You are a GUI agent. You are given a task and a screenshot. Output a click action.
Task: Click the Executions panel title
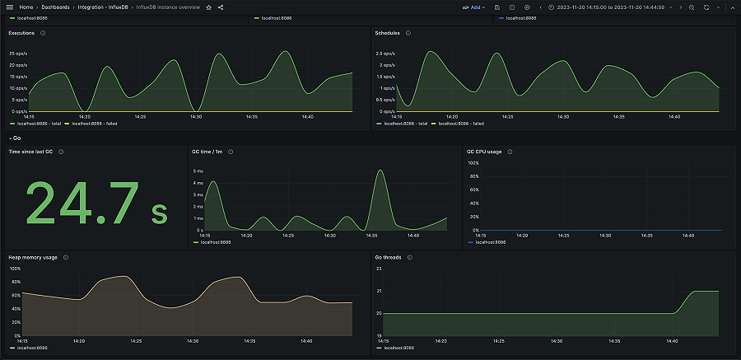[x=21, y=33]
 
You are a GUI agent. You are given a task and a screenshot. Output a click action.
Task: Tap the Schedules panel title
[x=387, y=33]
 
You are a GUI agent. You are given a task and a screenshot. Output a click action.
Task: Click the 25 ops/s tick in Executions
[x=18, y=54]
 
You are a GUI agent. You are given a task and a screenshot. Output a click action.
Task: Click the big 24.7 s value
[x=97, y=203]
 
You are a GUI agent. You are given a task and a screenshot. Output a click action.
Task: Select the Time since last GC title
[x=31, y=152]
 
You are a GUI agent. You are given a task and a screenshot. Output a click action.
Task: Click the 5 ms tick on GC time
[x=198, y=171]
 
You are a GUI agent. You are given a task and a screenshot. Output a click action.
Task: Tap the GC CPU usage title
[x=485, y=152]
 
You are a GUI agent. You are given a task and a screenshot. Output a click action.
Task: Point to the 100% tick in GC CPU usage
[x=473, y=163]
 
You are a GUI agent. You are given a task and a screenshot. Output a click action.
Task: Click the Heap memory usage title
[x=33, y=257]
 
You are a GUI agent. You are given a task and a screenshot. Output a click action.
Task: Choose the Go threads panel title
[x=388, y=257]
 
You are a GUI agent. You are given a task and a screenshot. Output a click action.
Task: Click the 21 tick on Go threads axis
[x=379, y=291]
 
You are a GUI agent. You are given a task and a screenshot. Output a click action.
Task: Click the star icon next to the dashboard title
[x=209, y=7]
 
